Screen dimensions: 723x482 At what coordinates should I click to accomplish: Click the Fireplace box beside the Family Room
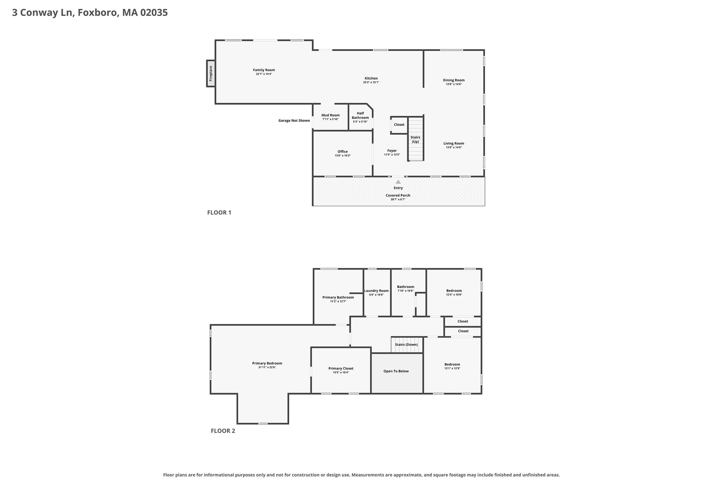click(x=211, y=73)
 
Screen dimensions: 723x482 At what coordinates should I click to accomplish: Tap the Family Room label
click(x=264, y=70)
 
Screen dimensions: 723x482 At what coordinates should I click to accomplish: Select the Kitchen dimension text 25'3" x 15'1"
click(x=371, y=82)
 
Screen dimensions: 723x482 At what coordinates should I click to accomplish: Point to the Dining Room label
click(x=454, y=80)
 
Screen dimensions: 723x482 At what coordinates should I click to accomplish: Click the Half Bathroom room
click(x=361, y=117)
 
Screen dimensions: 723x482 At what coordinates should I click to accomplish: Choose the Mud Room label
click(x=331, y=115)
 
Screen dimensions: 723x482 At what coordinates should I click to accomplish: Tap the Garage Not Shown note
click(x=294, y=121)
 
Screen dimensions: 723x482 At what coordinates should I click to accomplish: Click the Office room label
click(x=342, y=152)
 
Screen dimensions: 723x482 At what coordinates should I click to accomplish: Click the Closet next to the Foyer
click(x=399, y=125)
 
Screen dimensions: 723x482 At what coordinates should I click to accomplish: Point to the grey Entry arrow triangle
click(x=398, y=182)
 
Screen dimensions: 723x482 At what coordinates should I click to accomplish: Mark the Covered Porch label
click(x=398, y=195)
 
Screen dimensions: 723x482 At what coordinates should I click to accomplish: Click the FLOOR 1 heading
click(x=219, y=213)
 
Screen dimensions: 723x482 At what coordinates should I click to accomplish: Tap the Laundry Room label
click(x=376, y=291)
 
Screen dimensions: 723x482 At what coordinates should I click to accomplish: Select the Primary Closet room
click(x=341, y=370)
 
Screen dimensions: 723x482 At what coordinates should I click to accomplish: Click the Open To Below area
click(x=397, y=373)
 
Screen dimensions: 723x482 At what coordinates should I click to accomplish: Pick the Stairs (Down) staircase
click(x=407, y=345)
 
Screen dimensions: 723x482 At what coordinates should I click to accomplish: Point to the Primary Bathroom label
click(x=338, y=297)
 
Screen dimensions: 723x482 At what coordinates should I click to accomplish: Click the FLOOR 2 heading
click(x=223, y=431)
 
